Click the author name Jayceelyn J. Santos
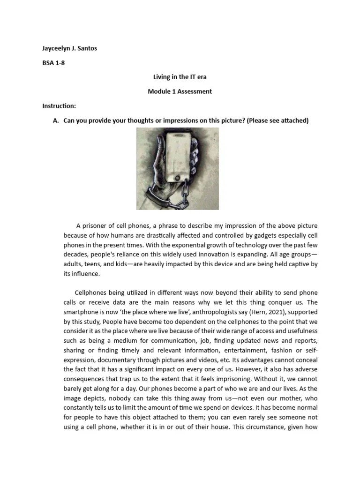click(70, 48)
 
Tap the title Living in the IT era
click(180, 77)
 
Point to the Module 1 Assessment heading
click(180, 91)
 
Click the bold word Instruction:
click(59, 106)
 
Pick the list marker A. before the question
click(56, 120)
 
